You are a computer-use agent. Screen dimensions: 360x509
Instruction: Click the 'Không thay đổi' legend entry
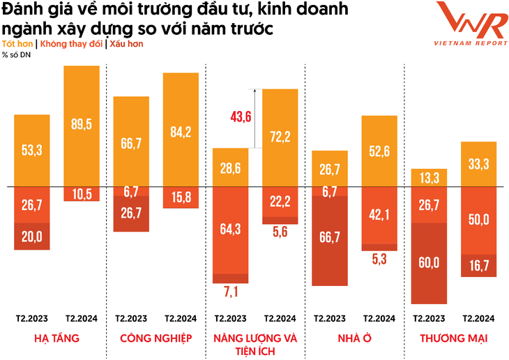click(72, 44)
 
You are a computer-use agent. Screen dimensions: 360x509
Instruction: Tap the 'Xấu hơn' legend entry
click(126, 44)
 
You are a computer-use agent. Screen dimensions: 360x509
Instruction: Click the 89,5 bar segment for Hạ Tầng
click(82, 126)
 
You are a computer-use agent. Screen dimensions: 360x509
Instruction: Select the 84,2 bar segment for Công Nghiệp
click(181, 130)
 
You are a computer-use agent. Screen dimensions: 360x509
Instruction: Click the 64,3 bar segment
click(230, 229)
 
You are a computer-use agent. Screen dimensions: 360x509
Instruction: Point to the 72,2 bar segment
click(280, 137)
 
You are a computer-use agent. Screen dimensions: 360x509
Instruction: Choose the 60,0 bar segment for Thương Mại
click(429, 262)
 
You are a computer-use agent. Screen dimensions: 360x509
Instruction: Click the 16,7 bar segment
click(478, 265)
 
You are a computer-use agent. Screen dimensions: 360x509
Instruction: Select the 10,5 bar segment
click(82, 194)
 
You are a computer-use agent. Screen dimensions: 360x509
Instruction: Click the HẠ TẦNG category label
click(56, 338)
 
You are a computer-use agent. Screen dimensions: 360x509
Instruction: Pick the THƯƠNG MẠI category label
click(453, 338)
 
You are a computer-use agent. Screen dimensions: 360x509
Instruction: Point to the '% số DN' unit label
click(17, 54)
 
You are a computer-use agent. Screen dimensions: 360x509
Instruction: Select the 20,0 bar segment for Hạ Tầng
click(32, 237)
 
